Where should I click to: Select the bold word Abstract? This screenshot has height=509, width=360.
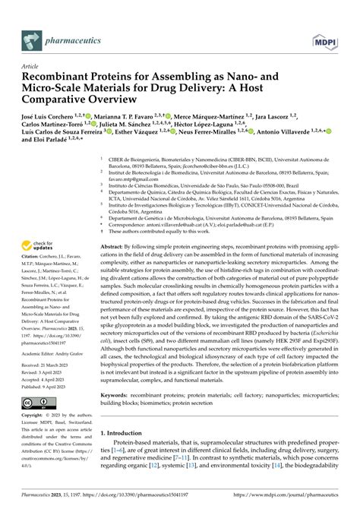(x=113, y=248)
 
